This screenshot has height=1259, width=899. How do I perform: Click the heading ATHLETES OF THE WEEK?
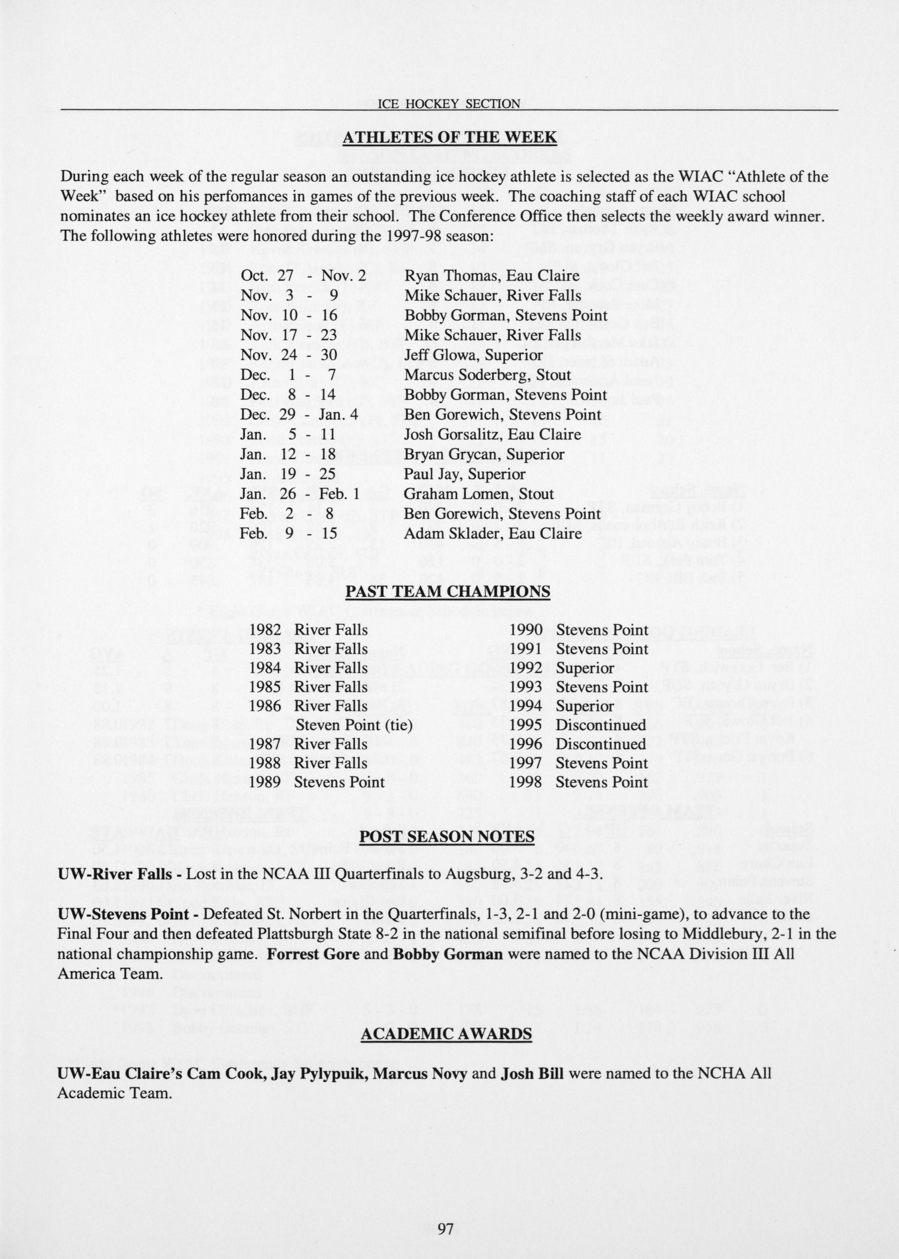pos(449,137)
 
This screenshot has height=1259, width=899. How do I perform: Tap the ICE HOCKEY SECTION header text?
pos(448,103)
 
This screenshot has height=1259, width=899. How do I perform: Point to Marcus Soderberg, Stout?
pos(488,375)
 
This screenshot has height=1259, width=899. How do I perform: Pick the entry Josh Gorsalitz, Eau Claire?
pos(493,435)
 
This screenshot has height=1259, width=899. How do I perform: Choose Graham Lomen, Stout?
pos(479,494)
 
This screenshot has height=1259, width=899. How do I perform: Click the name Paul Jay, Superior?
pos(465,474)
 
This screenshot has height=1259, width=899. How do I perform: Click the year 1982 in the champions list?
pos(265,630)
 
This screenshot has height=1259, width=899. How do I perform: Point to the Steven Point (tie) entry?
pos(354,725)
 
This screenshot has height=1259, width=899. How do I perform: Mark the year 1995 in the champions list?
pos(525,725)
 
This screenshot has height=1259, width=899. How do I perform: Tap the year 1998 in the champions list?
pos(525,782)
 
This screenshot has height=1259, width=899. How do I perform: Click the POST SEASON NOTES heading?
pos(447,836)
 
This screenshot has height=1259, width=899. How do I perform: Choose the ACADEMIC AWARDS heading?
pos(446,1034)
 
